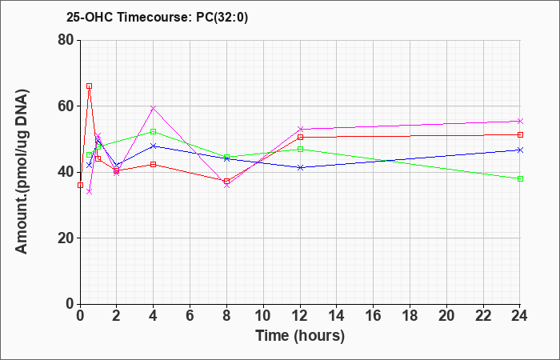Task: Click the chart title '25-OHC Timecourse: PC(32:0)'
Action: pyautogui.click(x=157, y=17)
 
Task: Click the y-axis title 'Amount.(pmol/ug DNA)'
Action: pyautogui.click(x=22, y=171)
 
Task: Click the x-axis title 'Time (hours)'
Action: pyautogui.click(x=300, y=336)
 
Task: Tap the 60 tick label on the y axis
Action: pyautogui.click(x=66, y=106)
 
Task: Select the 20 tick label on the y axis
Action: pyautogui.click(x=66, y=238)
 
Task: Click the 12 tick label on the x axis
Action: pyautogui.click(x=300, y=316)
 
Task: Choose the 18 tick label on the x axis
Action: pyautogui.click(x=410, y=316)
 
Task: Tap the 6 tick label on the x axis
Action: pyautogui.click(x=190, y=316)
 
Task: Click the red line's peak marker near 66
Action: pyautogui.click(x=90, y=86)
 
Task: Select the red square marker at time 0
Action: pyautogui.click(x=80, y=185)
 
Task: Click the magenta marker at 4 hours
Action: pyautogui.click(x=154, y=108)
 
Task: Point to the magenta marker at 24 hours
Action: pyautogui.click(x=520, y=121)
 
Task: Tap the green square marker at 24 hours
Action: pyautogui.click(x=520, y=178)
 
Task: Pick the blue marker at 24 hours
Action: pyautogui.click(x=520, y=150)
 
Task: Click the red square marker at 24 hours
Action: pyautogui.click(x=520, y=134)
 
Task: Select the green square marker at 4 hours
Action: pyautogui.click(x=154, y=131)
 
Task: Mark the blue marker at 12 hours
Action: pyautogui.click(x=300, y=167)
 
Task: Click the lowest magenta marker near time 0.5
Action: pyautogui.click(x=90, y=191)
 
